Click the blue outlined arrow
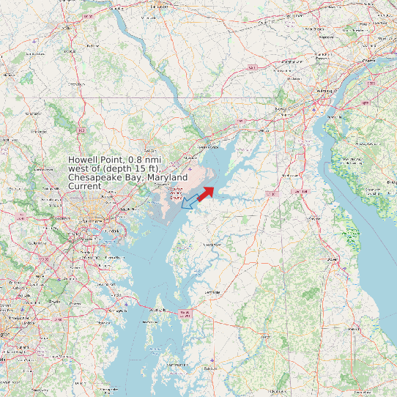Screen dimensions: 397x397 pos(189,201)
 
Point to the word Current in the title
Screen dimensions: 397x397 pos(85,187)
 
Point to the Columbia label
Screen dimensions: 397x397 pos(35,244)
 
